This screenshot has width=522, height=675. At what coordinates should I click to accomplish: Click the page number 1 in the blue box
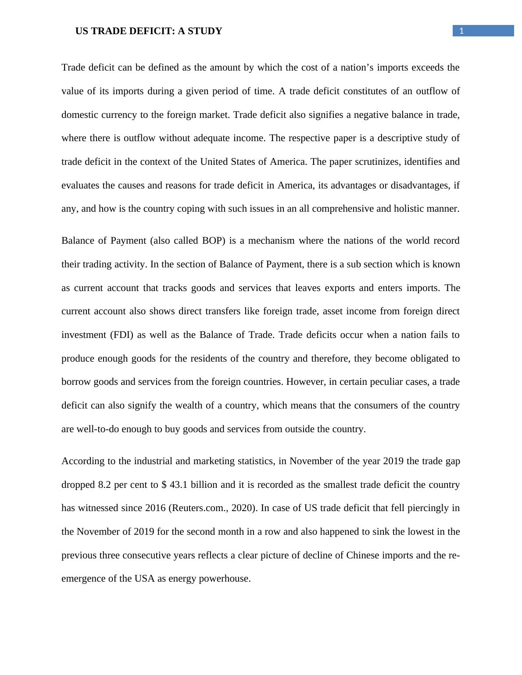[461, 31]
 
